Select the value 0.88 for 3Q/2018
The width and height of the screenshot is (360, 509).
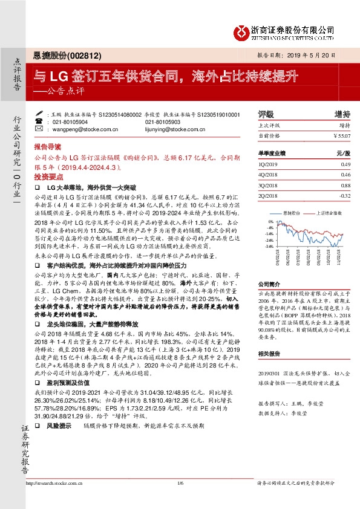(x=345, y=185)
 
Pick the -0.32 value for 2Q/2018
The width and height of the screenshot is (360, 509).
(x=344, y=195)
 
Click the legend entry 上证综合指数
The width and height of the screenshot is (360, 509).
(x=330, y=213)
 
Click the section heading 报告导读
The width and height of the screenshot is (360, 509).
(x=48, y=146)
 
